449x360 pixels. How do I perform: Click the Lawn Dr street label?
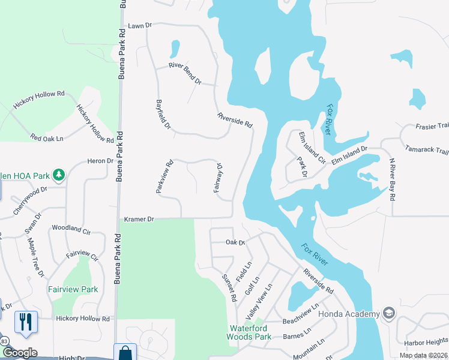click(x=141, y=26)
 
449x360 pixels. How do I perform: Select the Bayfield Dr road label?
click(x=163, y=115)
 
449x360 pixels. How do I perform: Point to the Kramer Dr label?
click(x=139, y=220)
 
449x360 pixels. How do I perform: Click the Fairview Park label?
click(x=73, y=289)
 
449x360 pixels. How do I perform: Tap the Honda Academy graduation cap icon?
click(x=389, y=314)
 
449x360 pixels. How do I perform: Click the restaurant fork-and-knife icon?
click(x=26, y=322)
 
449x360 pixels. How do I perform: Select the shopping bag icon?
click(x=125, y=353)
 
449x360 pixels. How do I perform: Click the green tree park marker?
click(x=59, y=175)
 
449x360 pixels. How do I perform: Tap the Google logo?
click(x=19, y=353)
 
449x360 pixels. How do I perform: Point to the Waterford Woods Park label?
click(x=258, y=332)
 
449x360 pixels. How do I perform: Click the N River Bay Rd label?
click(x=393, y=179)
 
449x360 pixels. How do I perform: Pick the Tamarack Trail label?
click(x=427, y=149)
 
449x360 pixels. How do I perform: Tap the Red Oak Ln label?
click(x=47, y=138)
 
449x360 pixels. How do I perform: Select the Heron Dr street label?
click(x=100, y=161)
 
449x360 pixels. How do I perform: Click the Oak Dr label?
click(x=235, y=242)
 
